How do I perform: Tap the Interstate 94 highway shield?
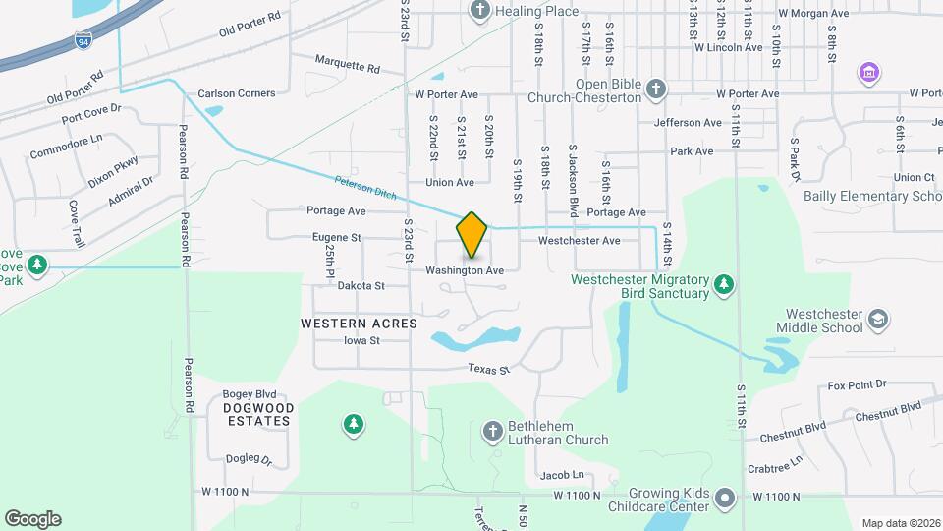click(84, 40)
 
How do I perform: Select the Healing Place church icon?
click(480, 11)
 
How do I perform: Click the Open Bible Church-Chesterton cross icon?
click(657, 90)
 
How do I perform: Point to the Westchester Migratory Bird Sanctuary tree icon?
click(724, 284)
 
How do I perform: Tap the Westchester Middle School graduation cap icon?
click(877, 320)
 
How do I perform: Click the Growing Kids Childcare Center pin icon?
click(725, 499)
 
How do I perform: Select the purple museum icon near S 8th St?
click(868, 72)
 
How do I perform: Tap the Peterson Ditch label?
click(365, 187)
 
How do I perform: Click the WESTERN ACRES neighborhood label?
click(359, 323)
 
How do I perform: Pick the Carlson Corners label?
click(237, 93)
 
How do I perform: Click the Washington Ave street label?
click(465, 270)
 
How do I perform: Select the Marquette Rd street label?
click(347, 65)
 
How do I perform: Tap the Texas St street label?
click(490, 370)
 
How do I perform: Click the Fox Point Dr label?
click(857, 384)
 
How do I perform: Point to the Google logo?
click(32, 518)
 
